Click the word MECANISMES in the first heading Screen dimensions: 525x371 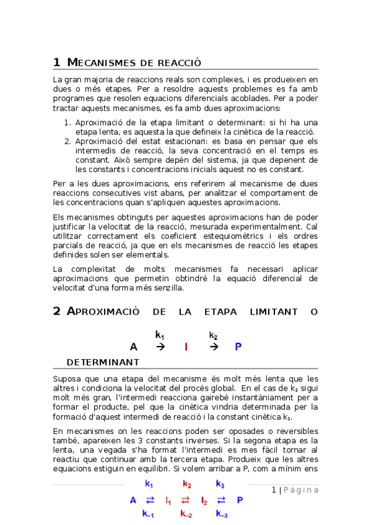click(x=102, y=63)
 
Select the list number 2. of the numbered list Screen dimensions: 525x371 click(x=69, y=141)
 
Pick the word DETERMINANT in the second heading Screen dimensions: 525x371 click(x=102, y=362)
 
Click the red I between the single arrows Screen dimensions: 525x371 click(x=186, y=347)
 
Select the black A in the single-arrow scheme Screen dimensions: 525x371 click(x=133, y=347)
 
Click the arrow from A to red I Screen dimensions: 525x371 click(x=160, y=347)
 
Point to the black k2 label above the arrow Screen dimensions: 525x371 click(x=213, y=336)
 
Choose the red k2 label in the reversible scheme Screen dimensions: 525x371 click(x=186, y=484)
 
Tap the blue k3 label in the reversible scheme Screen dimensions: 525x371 click(x=220, y=484)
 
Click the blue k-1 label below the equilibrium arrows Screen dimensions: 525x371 click(x=148, y=513)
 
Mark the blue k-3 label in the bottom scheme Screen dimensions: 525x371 click(x=222, y=513)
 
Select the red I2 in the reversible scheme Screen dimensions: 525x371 click(x=204, y=500)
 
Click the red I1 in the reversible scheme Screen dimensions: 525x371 click(x=168, y=500)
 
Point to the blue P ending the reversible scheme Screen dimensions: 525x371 click(x=240, y=500)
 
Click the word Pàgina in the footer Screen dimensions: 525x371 click(x=302, y=490)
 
